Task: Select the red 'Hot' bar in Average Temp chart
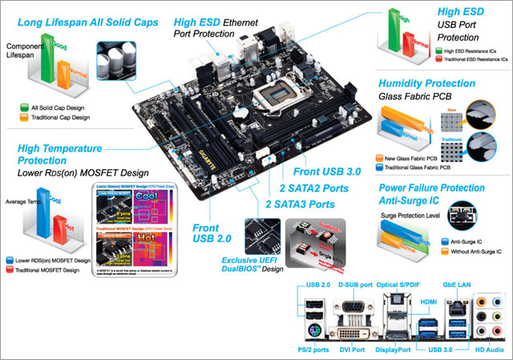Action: pyautogui.click(x=59, y=233)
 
